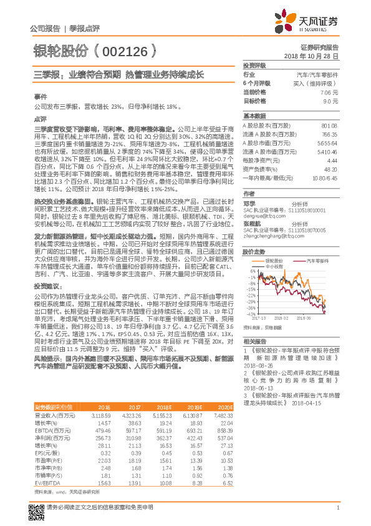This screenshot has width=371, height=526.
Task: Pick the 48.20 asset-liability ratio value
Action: point(330,169)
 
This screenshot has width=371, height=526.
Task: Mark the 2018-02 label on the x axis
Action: point(283,318)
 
